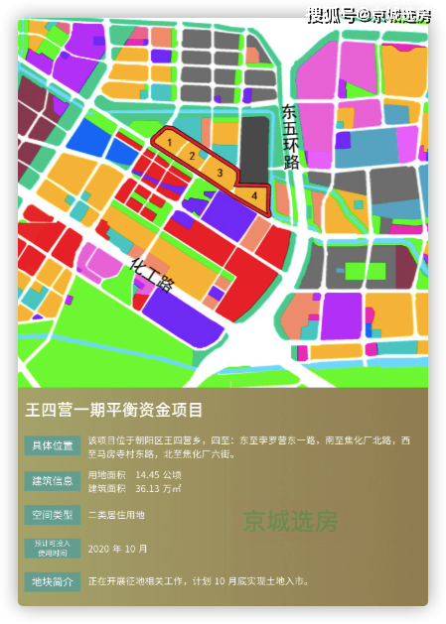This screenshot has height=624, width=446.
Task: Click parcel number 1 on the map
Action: tap(170, 143)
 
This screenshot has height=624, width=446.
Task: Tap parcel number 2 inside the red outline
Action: tap(191, 156)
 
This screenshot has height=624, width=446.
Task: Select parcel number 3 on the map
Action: tap(220, 173)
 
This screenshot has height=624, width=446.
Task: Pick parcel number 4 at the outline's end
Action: tap(255, 195)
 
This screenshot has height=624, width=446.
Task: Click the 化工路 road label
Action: tap(152, 274)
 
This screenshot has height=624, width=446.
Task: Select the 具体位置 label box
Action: tap(53, 446)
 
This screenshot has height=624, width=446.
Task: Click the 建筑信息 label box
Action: tap(53, 481)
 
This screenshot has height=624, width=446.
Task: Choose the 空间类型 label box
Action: tap(53, 515)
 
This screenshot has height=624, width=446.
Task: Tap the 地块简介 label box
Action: tap(53, 581)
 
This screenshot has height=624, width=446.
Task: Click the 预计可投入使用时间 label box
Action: tap(53, 549)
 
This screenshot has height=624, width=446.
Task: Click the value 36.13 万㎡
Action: tap(158, 488)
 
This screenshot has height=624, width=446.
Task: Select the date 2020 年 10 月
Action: tap(118, 549)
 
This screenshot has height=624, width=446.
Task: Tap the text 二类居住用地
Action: tap(116, 515)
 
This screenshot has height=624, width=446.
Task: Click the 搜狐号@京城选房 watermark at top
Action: tap(367, 14)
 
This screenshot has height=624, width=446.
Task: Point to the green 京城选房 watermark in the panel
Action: tap(290, 522)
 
